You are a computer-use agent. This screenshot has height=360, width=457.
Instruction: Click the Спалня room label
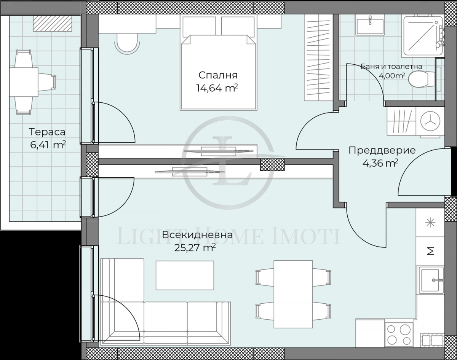[218, 75]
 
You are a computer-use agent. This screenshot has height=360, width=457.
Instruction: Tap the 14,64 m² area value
[217, 89]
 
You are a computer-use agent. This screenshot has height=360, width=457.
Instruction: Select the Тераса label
[47, 132]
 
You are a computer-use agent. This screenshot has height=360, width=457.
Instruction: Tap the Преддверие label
[382, 150]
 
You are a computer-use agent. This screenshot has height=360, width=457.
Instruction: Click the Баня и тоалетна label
[391, 67]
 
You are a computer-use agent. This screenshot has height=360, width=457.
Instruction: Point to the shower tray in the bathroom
[420, 33]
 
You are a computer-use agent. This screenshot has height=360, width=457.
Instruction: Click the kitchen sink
[431, 280]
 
